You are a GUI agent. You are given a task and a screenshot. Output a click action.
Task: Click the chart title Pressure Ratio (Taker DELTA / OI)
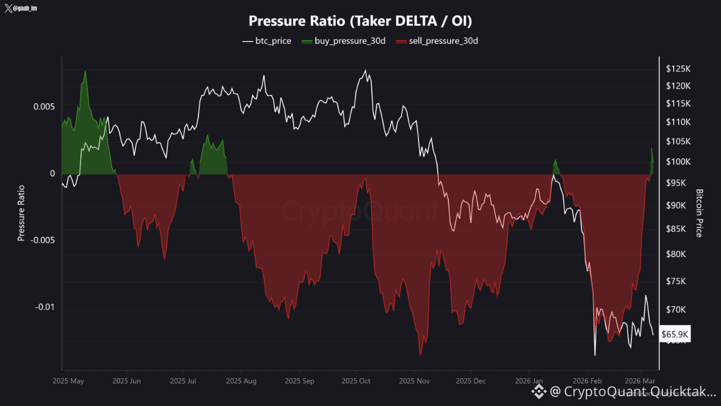pos(360,21)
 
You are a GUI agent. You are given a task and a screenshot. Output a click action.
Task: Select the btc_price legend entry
pos(266,41)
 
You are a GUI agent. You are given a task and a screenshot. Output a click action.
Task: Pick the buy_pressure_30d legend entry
pos(344,41)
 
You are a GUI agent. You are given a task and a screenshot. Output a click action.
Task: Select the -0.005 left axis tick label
pos(42,241)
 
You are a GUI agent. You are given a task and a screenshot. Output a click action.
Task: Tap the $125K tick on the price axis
pos(678,69)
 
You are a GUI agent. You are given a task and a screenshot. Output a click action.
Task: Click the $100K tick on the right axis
pos(678,162)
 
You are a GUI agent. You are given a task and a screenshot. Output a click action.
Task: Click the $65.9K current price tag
pos(675,335)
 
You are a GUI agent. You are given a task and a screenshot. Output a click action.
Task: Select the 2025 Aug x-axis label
pos(241,381)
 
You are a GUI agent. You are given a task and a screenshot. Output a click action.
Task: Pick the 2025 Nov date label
pos(414,381)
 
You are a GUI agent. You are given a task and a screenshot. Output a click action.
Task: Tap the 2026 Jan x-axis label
pos(529,381)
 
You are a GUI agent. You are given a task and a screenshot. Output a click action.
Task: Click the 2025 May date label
pos(68,381)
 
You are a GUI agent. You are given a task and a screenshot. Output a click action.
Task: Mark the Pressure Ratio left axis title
pos(21,213)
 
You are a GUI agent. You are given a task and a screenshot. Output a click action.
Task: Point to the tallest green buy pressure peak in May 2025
pos(85,72)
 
